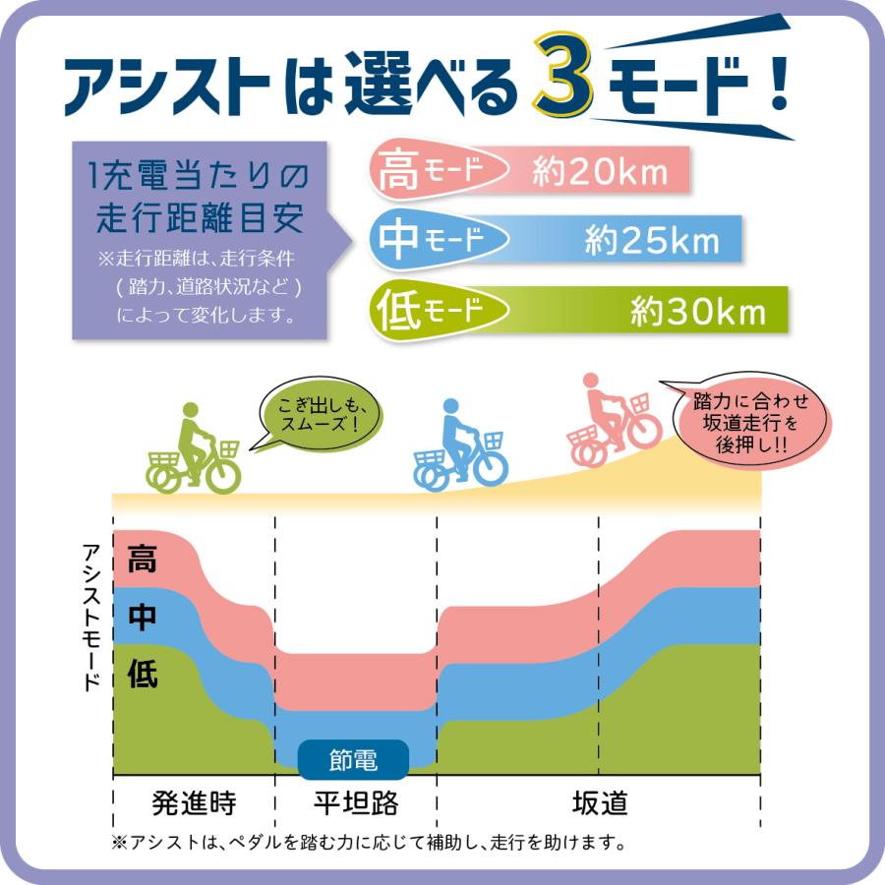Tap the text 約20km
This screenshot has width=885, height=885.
coord(600,174)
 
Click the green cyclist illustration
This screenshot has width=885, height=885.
coord(194,450)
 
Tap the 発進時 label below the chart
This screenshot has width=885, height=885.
coord(195,803)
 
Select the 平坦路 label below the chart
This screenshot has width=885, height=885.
coord(356,803)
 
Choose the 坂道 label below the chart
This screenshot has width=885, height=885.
coord(600,803)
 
